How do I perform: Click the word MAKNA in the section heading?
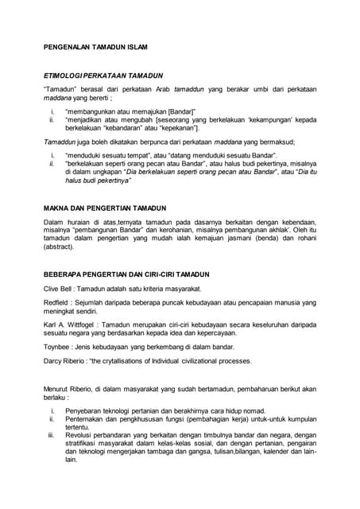click(x=55, y=209)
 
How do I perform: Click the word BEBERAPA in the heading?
click(x=64, y=275)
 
